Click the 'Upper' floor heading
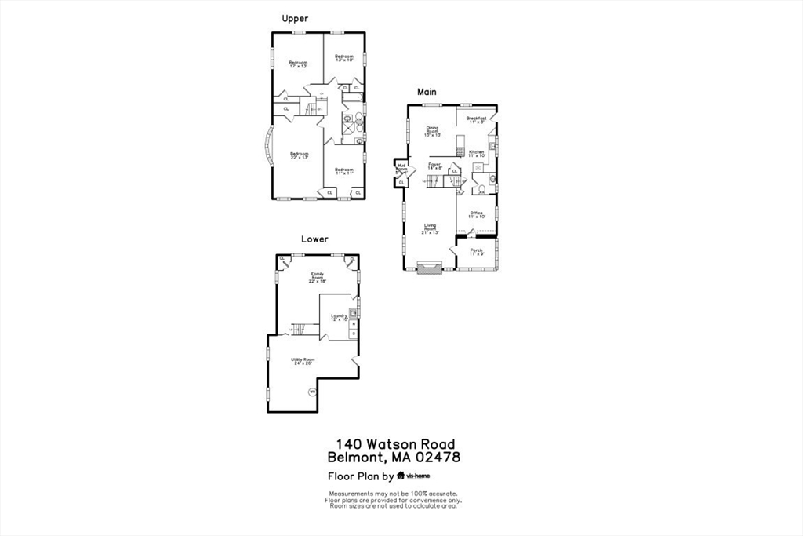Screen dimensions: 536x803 pyautogui.click(x=295, y=19)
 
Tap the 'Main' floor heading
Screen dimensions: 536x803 pyautogui.click(x=427, y=92)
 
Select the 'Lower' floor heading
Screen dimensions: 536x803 pyautogui.click(x=314, y=239)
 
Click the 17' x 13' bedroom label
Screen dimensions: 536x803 pyautogui.click(x=298, y=64)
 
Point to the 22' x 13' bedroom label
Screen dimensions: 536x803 pyautogui.click(x=299, y=155)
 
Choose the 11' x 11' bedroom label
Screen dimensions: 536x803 pyautogui.click(x=344, y=171)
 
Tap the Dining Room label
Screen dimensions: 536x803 pyautogui.click(x=433, y=131)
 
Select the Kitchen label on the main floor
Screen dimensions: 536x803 pyautogui.click(x=478, y=154)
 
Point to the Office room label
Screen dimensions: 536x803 pyautogui.click(x=477, y=214)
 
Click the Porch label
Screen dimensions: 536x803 pyautogui.click(x=477, y=252)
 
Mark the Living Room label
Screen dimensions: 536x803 pyautogui.click(x=431, y=229)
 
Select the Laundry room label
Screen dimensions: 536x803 pyautogui.click(x=339, y=318)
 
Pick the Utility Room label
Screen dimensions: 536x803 pyautogui.click(x=302, y=361)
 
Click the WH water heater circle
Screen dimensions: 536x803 pyautogui.click(x=312, y=392)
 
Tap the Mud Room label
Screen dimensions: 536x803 pyautogui.click(x=401, y=168)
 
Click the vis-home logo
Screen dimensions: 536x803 pyautogui.click(x=413, y=476)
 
